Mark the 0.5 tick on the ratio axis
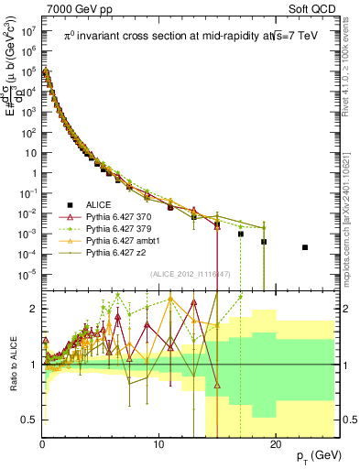(29, 420)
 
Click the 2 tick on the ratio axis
(34, 309)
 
